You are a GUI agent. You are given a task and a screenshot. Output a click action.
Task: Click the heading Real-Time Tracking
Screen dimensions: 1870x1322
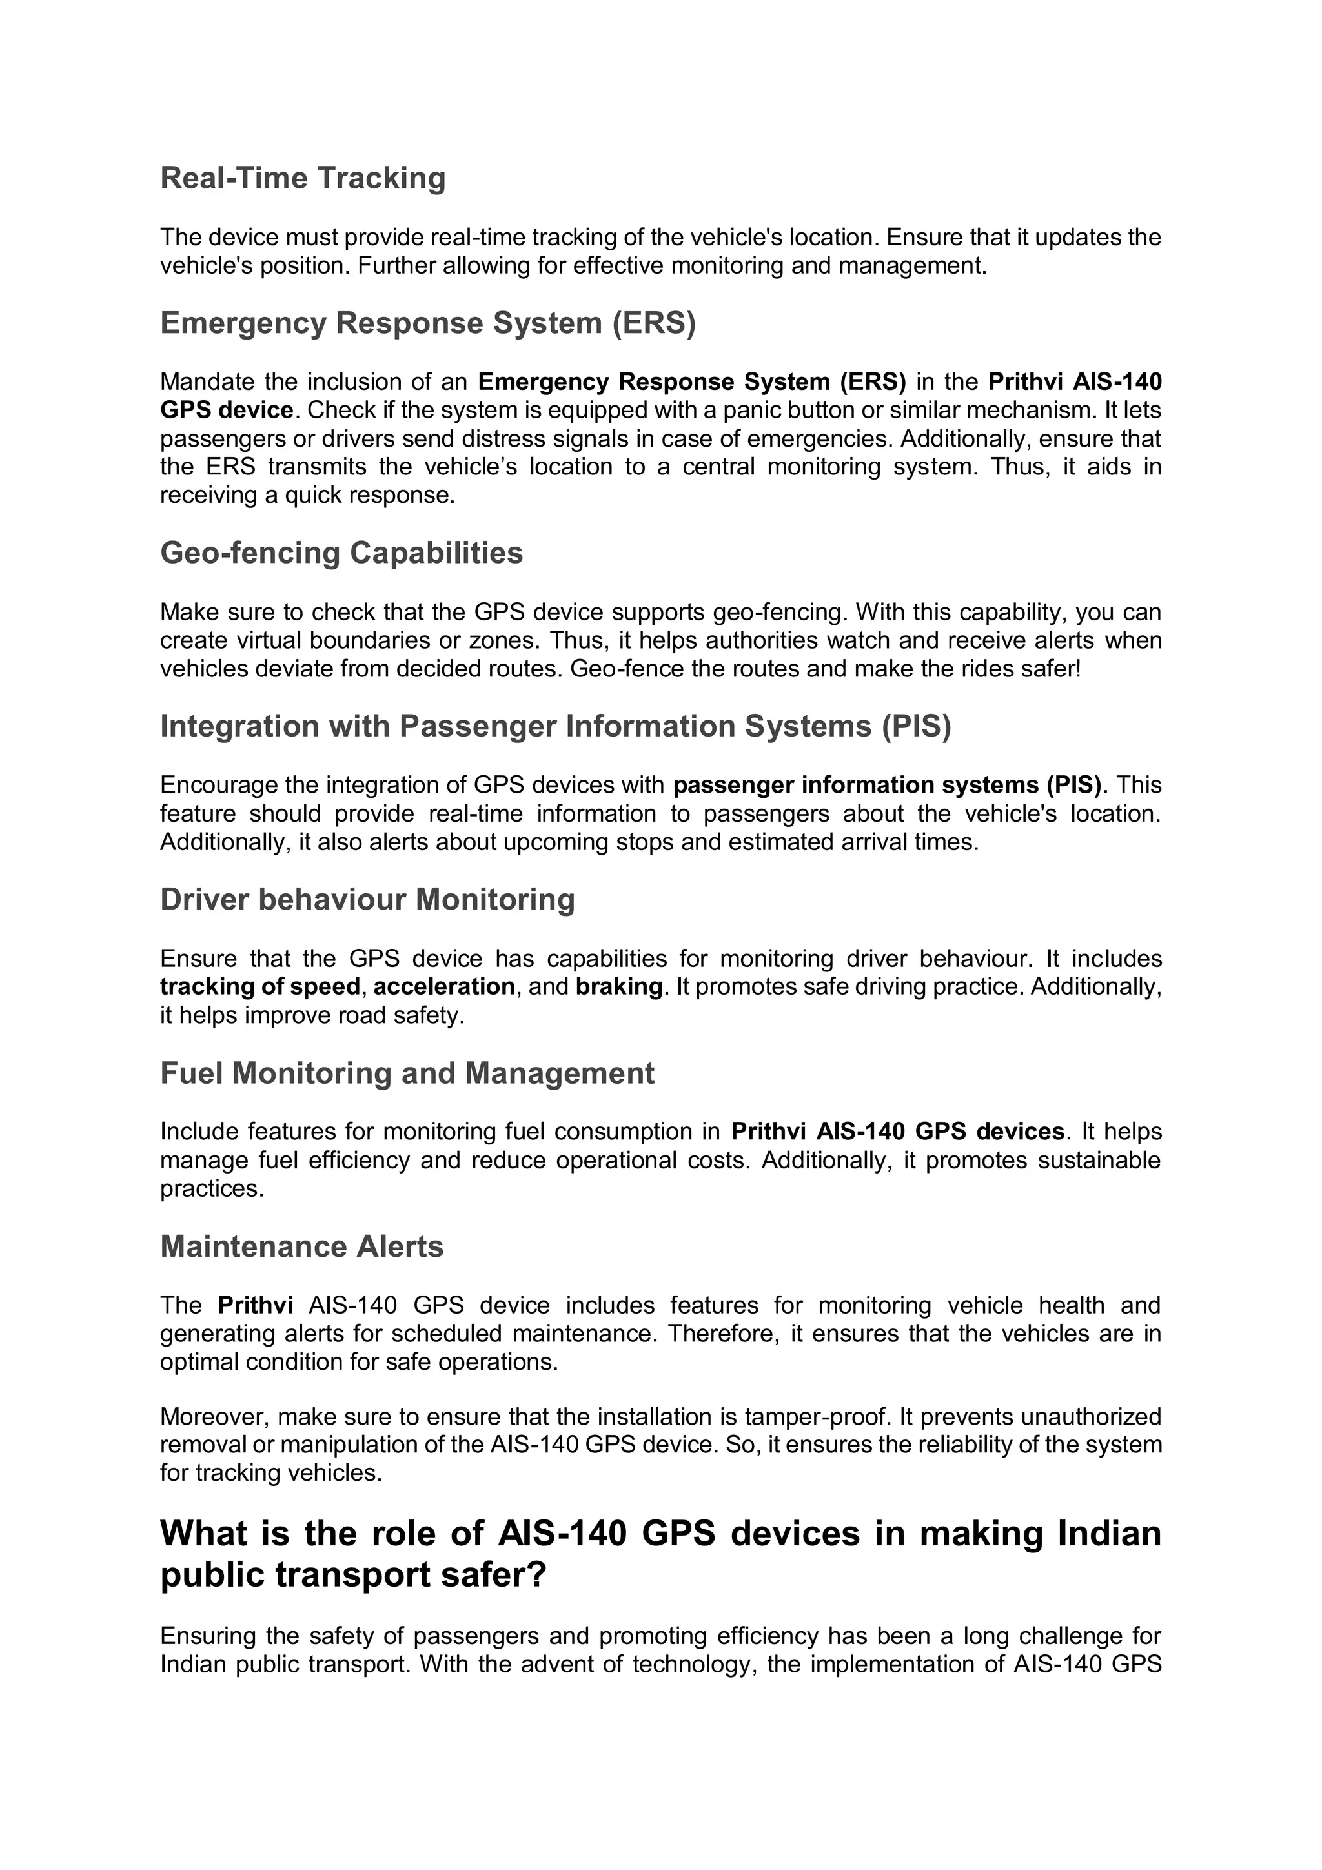pos(302,178)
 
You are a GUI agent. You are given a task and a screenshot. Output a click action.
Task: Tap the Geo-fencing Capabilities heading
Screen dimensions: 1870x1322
pos(341,553)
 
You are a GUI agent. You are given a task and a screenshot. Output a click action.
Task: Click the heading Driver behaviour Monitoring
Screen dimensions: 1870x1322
pos(367,900)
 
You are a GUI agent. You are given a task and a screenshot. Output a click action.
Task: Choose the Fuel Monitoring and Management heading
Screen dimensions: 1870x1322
pos(407,1073)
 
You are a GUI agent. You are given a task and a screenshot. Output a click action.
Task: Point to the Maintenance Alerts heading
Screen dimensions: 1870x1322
pos(301,1247)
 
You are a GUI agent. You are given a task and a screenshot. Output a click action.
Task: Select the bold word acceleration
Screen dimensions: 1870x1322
pos(444,987)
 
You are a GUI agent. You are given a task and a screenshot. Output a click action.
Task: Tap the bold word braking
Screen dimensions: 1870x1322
pos(619,987)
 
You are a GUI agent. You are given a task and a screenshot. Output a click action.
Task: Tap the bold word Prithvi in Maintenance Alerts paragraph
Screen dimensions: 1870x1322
pos(255,1306)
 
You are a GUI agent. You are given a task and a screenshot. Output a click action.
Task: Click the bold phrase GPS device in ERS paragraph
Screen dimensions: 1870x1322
pos(227,410)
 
